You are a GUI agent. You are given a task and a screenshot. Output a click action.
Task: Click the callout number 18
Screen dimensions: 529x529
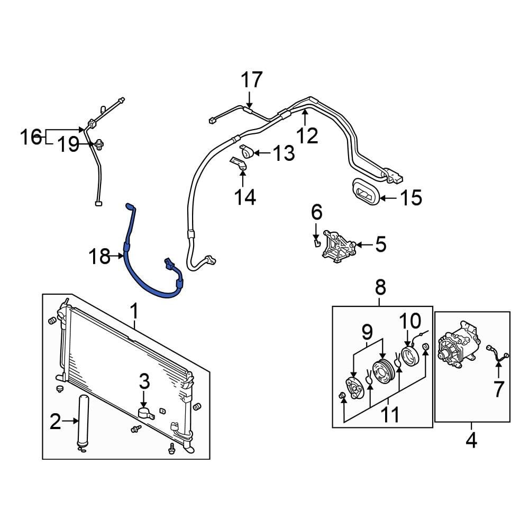[x=99, y=257]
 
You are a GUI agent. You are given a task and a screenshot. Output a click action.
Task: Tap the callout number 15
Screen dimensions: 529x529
[x=411, y=198]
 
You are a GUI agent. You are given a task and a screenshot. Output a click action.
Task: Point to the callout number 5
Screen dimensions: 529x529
[x=380, y=244]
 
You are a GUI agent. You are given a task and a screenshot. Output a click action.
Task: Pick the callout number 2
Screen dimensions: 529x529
[x=56, y=422]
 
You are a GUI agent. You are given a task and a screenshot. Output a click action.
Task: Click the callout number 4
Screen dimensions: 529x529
[x=471, y=440]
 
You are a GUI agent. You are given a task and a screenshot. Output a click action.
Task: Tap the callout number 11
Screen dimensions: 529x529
[x=391, y=416]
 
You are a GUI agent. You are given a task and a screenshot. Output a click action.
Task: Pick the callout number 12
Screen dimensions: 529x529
[x=307, y=135]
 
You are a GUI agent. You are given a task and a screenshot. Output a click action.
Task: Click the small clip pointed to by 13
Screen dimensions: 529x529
[x=247, y=152]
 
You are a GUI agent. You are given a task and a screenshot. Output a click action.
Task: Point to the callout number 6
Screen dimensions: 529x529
[x=316, y=213]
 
